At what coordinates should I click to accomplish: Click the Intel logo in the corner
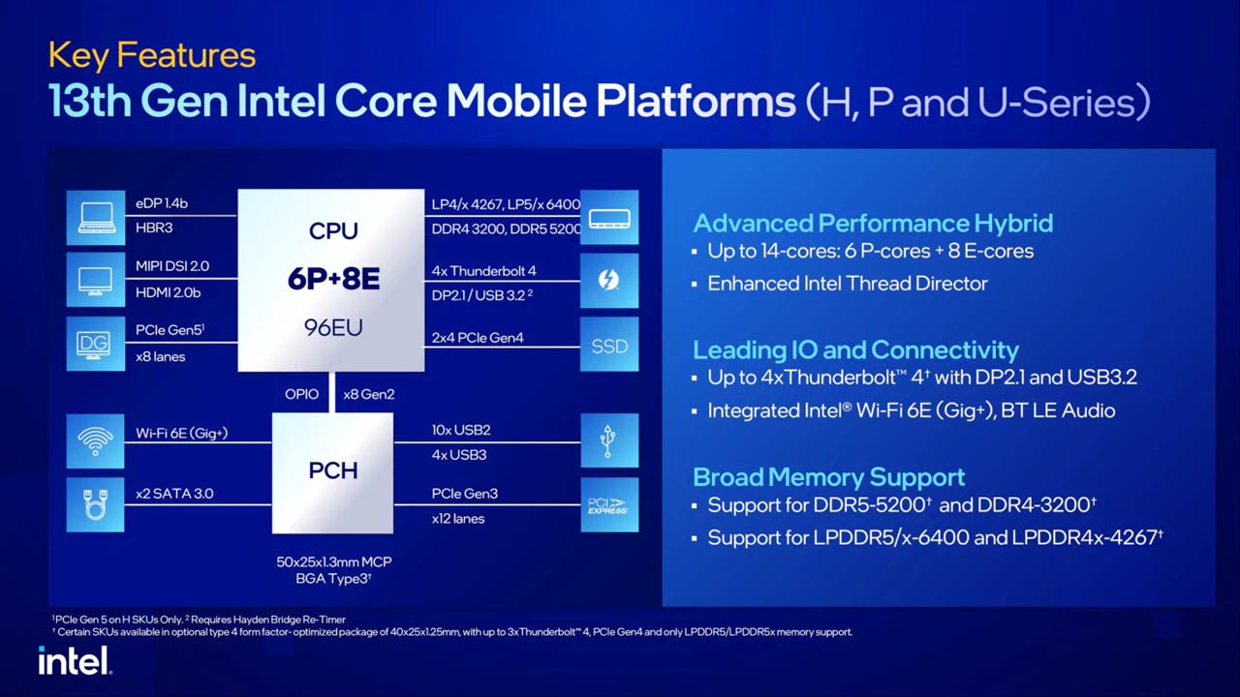pyautogui.click(x=75, y=660)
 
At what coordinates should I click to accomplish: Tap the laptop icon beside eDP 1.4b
pyautogui.click(x=95, y=217)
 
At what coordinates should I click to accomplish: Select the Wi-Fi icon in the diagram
pyautogui.click(x=95, y=441)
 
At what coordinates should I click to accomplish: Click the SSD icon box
pyautogui.click(x=609, y=345)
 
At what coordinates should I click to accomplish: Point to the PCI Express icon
pyautogui.click(x=609, y=505)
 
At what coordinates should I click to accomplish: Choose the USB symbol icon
pyautogui.click(x=609, y=441)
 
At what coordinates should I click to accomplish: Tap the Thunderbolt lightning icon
pyautogui.click(x=609, y=281)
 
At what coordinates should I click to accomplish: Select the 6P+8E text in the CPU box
pyautogui.click(x=332, y=279)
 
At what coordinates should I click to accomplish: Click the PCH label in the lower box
pyautogui.click(x=332, y=470)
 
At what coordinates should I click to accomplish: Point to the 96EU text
pyautogui.click(x=332, y=327)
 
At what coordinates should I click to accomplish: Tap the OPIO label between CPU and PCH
pyautogui.click(x=301, y=394)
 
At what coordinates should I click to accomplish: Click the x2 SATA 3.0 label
pyautogui.click(x=174, y=494)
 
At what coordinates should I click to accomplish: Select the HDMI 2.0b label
pyautogui.click(x=169, y=292)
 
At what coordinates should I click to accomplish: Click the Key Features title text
pyautogui.click(x=152, y=55)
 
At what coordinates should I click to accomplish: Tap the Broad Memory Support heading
pyautogui.click(x=828, y=476)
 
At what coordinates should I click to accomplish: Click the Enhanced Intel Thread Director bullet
pyautogui.click(x=847, y=284)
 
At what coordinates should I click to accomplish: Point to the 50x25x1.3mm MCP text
pyautogui.click(x=333, y=561)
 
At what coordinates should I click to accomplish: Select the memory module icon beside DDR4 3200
pyautogui.click(x=609, y=219)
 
